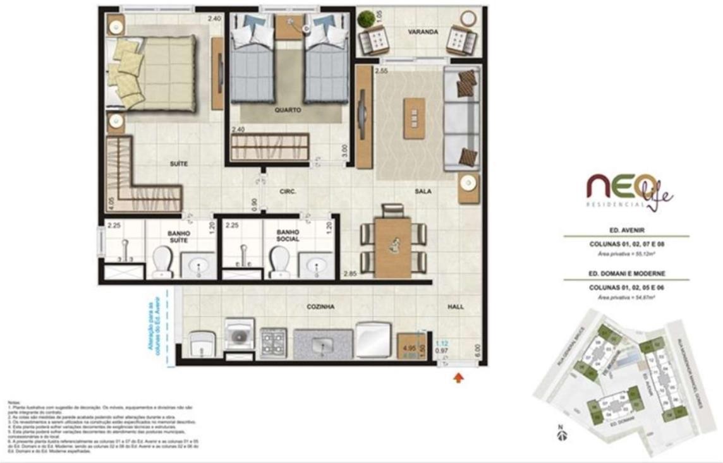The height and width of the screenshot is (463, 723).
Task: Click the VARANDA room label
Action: click(423, 32)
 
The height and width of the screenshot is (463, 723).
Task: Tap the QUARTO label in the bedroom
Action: click(288, 110)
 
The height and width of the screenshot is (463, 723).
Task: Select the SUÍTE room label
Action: click(179, 164)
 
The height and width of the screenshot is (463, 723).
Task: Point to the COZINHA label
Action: click(320, 307)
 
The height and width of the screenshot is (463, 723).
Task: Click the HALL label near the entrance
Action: click(455, 307)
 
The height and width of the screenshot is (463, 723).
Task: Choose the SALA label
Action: click(423, 191)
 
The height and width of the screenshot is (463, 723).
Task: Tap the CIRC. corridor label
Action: click(288, 191)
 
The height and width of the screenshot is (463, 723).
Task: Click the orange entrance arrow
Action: click(458, 378)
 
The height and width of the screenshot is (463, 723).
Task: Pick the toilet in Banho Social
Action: click(279, 262)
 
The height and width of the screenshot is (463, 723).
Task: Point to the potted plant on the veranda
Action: click(366, 19)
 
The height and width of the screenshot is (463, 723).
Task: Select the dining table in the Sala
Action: click(392, 247)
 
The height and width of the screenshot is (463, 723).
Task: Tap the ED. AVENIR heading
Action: click(626, 231)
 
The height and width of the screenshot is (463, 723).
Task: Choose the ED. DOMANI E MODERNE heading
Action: click(626, 274)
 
